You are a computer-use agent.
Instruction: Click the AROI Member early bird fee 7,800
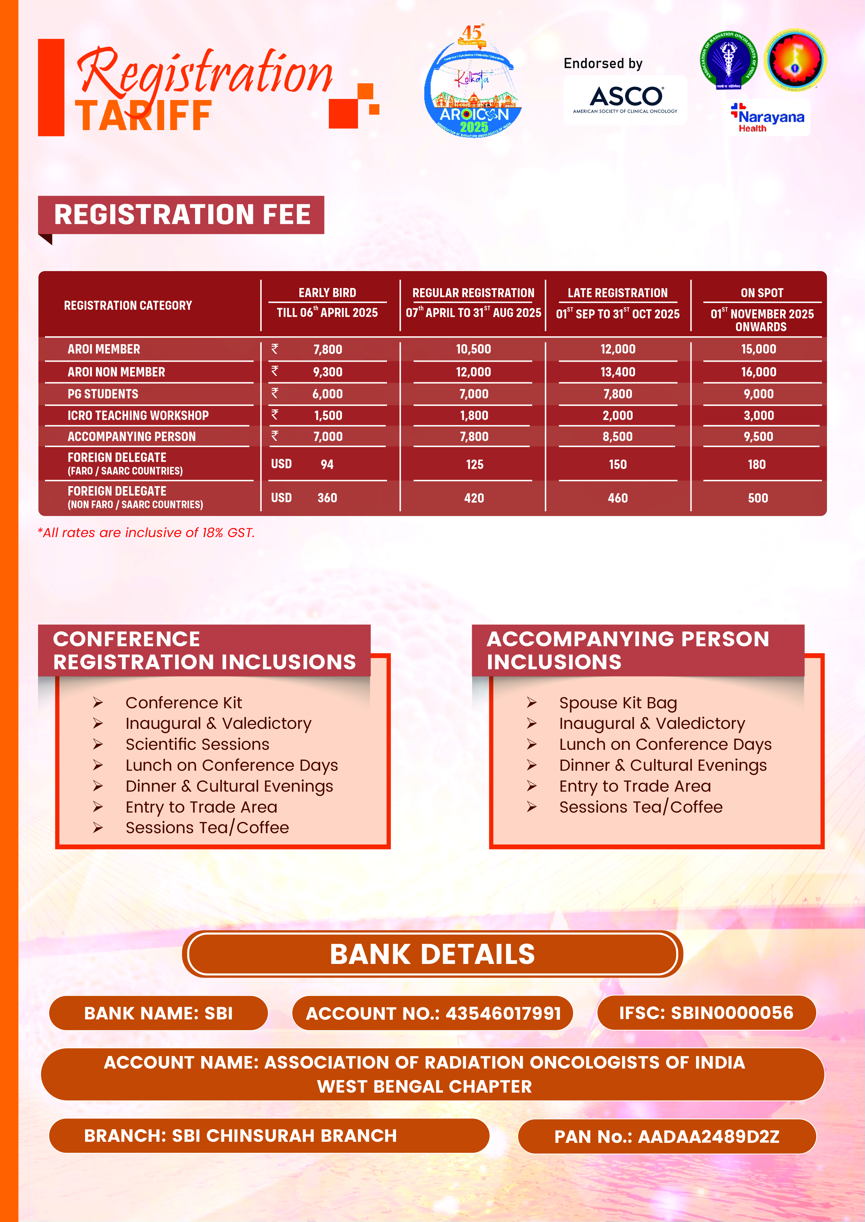point(328,350)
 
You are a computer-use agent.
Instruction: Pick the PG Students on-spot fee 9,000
point(759,394)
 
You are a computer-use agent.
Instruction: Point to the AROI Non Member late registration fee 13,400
point(618,372)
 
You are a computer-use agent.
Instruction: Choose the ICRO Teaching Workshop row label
point(138,416)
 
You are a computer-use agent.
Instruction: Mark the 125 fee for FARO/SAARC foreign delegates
point(475,465)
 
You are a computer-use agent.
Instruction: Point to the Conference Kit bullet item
point(184,703)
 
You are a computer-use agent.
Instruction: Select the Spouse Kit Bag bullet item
point(618,703)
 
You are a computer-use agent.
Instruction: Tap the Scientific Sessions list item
point(197,745)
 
